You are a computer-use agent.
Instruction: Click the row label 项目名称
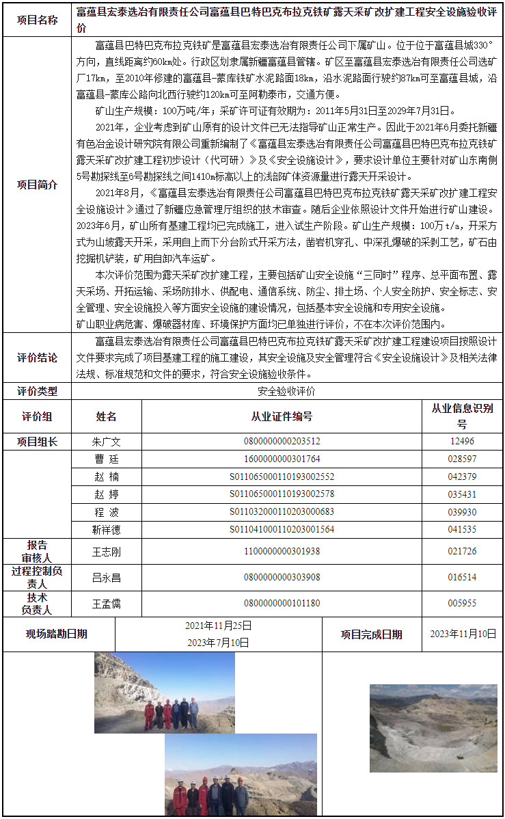[38, 20]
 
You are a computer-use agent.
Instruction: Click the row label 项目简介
[38, 185]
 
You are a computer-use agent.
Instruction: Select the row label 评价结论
[38, 358]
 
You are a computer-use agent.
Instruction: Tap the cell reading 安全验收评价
[286, 392]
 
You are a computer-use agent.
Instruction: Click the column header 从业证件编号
[282, 416]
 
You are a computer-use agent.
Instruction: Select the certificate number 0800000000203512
[282, 442]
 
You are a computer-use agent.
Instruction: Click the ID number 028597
[462, 459]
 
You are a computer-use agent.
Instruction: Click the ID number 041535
[462, 529]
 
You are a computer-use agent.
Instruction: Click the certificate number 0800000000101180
[282, 604]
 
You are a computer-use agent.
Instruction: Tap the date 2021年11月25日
[218, 626]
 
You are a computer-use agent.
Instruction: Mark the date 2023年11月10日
[463, 634]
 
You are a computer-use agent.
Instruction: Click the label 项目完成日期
[372, 634]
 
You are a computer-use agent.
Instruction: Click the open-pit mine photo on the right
[433, 728]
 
